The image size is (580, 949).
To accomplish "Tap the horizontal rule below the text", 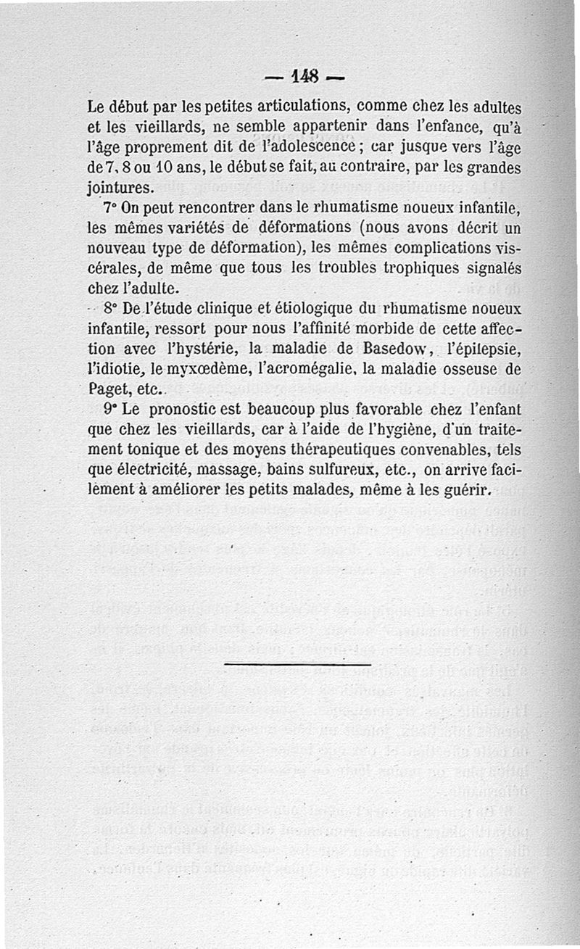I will [297, 664].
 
